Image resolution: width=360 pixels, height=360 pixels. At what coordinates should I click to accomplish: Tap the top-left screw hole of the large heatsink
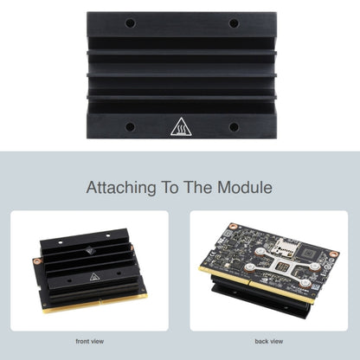coord(130,23)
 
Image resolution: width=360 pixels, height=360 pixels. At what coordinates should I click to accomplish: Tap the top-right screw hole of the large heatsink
coord(234,23)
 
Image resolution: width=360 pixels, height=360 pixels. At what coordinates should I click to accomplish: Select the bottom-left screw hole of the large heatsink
coord(130,126)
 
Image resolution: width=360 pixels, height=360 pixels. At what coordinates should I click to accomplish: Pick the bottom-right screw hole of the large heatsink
coord(234,126)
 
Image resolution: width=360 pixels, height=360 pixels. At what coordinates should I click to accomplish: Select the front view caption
coord(90,341)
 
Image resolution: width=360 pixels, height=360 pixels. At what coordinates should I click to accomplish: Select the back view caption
coord(270,341)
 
